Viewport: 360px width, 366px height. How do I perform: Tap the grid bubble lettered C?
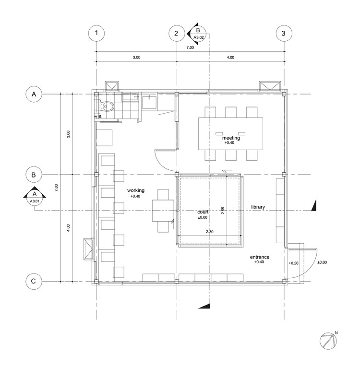[34, 281]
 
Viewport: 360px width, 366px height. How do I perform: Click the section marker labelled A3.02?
[199, 33]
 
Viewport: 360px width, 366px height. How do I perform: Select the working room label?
[136, 190]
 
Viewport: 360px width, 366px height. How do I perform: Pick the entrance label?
[260, 257]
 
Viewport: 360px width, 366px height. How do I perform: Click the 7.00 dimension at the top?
[190, 47]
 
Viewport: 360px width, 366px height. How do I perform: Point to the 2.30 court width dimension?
[210, 232]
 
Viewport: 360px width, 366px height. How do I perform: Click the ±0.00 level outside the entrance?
[321, 262]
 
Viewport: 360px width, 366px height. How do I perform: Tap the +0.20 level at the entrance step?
[294, 263]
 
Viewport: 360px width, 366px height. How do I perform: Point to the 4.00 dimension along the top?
[230, 58]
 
